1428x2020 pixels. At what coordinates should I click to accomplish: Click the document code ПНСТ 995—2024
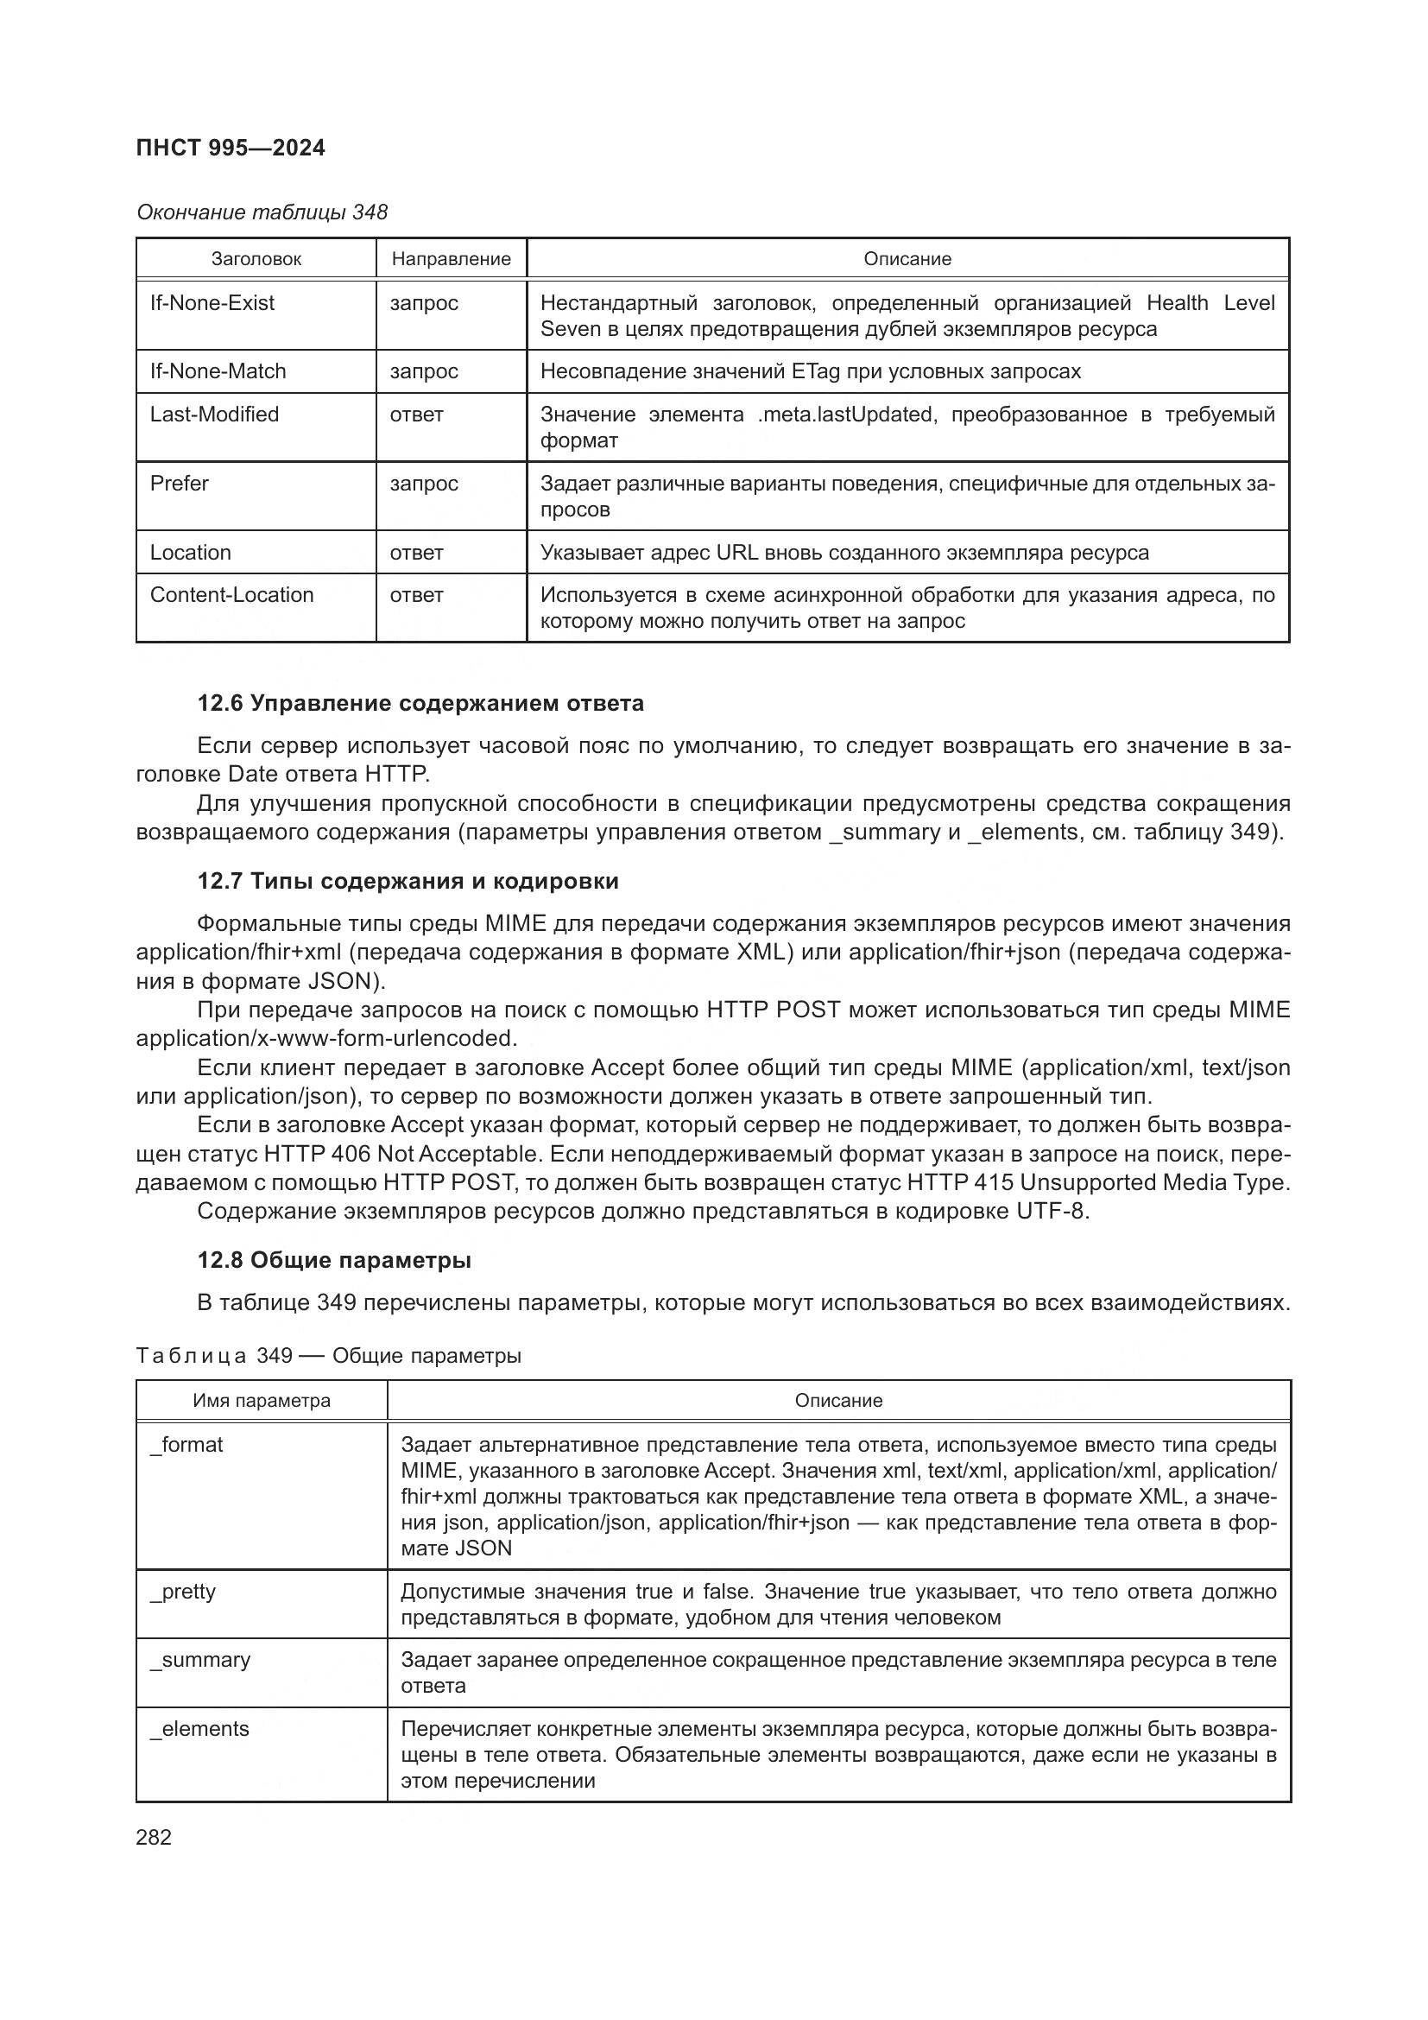pos(231,148)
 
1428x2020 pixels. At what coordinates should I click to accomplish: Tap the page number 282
pos(154,1837)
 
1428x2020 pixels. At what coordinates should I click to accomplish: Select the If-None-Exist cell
pos(212,303)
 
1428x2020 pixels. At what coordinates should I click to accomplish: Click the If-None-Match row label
pos(218,371)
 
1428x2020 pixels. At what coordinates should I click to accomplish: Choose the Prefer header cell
pos(180,484)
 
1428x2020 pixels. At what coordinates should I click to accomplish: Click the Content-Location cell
pos(231,595)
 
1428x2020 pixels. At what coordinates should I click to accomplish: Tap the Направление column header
pos(451,259)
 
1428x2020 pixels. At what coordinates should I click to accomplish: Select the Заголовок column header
pos(256,259)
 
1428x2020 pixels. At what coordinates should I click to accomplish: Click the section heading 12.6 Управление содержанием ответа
pos(420,703)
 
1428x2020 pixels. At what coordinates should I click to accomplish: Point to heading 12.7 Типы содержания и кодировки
pos(408,881)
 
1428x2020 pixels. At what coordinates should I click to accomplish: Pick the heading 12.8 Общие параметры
pos(334,1260)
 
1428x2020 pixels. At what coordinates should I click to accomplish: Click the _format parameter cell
pos(186,1445)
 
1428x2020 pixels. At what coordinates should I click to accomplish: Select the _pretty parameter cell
pos(183,1592)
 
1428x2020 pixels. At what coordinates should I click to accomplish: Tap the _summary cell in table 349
pos(200,1660)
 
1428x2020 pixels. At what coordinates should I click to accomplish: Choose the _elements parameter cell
pos(199,1729)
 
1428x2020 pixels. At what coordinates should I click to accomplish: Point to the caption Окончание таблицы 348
pos(262,212)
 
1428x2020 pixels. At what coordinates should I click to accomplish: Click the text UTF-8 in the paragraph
pos(1052,1211)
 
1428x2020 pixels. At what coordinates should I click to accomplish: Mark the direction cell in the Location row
pos(416,553)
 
